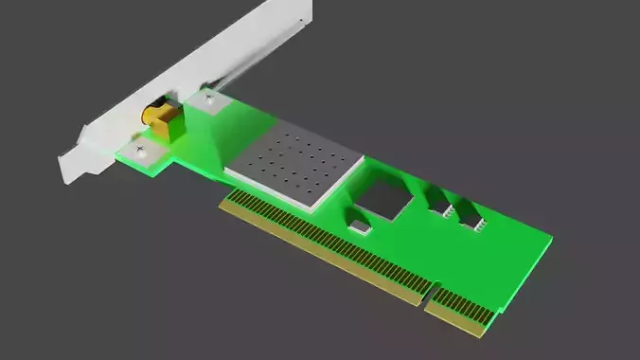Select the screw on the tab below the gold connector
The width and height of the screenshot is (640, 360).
click(x=141, y=149)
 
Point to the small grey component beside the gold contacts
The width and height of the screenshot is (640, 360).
click(x=361, y=226)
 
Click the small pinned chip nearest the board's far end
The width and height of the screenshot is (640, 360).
click(x=471, y=219)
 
